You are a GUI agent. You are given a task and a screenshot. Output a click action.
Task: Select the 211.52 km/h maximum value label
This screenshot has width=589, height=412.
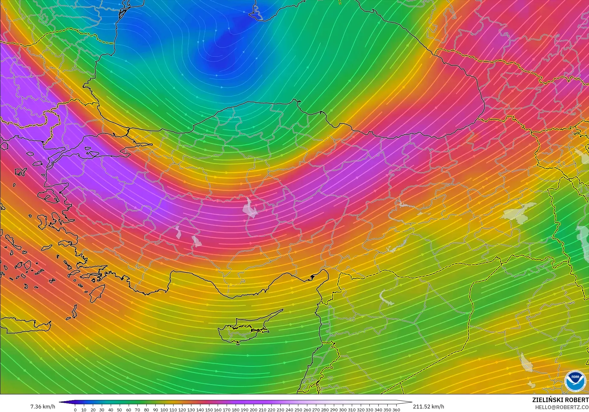[428, 407]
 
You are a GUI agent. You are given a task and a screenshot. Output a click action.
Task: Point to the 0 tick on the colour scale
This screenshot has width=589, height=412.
[75, 410]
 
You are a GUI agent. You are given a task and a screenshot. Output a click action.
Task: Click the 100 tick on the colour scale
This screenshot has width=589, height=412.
[164, 410]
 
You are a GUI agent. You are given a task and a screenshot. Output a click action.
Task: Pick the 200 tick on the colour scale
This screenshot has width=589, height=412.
[253, 410]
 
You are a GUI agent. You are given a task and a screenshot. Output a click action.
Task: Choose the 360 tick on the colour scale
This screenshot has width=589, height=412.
[396, 410]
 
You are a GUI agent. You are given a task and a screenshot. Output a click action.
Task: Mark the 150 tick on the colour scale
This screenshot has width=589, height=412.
[209, 410]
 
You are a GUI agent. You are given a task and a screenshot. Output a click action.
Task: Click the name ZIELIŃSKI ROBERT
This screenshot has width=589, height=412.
[560, 400]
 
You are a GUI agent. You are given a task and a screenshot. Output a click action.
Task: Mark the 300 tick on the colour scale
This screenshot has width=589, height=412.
[343, 410]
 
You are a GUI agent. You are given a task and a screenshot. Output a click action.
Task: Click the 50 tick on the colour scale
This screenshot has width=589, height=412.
[119, 410]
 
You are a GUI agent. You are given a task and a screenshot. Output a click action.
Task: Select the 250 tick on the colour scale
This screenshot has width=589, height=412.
[298, 410]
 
